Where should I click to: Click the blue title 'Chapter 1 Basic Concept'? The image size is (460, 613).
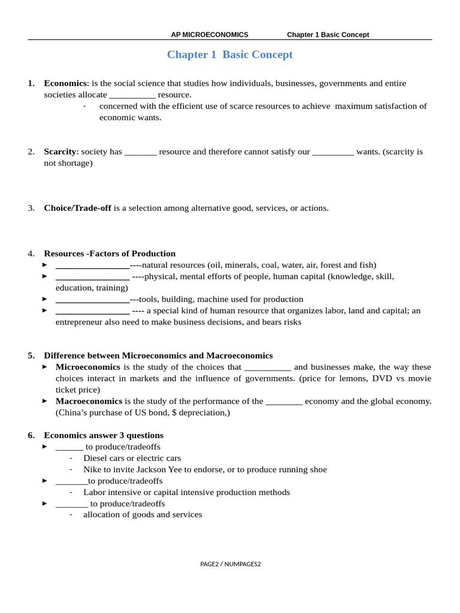tap(229, 54)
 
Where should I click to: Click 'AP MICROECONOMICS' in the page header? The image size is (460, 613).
tap(209, 35)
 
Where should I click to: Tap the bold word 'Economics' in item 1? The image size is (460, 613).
tap(65, 83)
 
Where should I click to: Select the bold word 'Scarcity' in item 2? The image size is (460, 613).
tap(60, 151)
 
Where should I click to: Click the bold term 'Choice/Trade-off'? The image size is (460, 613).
tap(77, 208)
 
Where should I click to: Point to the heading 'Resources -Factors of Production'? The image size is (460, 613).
tap(110, 253)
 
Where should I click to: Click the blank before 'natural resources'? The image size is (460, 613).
tap(92, 265)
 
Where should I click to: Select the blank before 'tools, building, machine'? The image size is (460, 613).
tap(92, 299)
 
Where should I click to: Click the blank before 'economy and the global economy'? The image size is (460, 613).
tap(283, 402)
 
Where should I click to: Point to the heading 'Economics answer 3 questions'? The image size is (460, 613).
tap(104, 435)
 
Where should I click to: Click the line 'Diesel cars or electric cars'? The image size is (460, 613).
tap(132, 458)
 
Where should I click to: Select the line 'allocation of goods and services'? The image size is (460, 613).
tap(143, 514)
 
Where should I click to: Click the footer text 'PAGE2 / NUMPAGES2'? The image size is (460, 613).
tap(231, 564)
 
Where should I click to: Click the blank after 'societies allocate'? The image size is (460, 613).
tap(132, 95)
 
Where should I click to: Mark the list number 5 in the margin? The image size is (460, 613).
tap(31, 356)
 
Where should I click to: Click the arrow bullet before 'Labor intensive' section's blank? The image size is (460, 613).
tap(45, 481)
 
